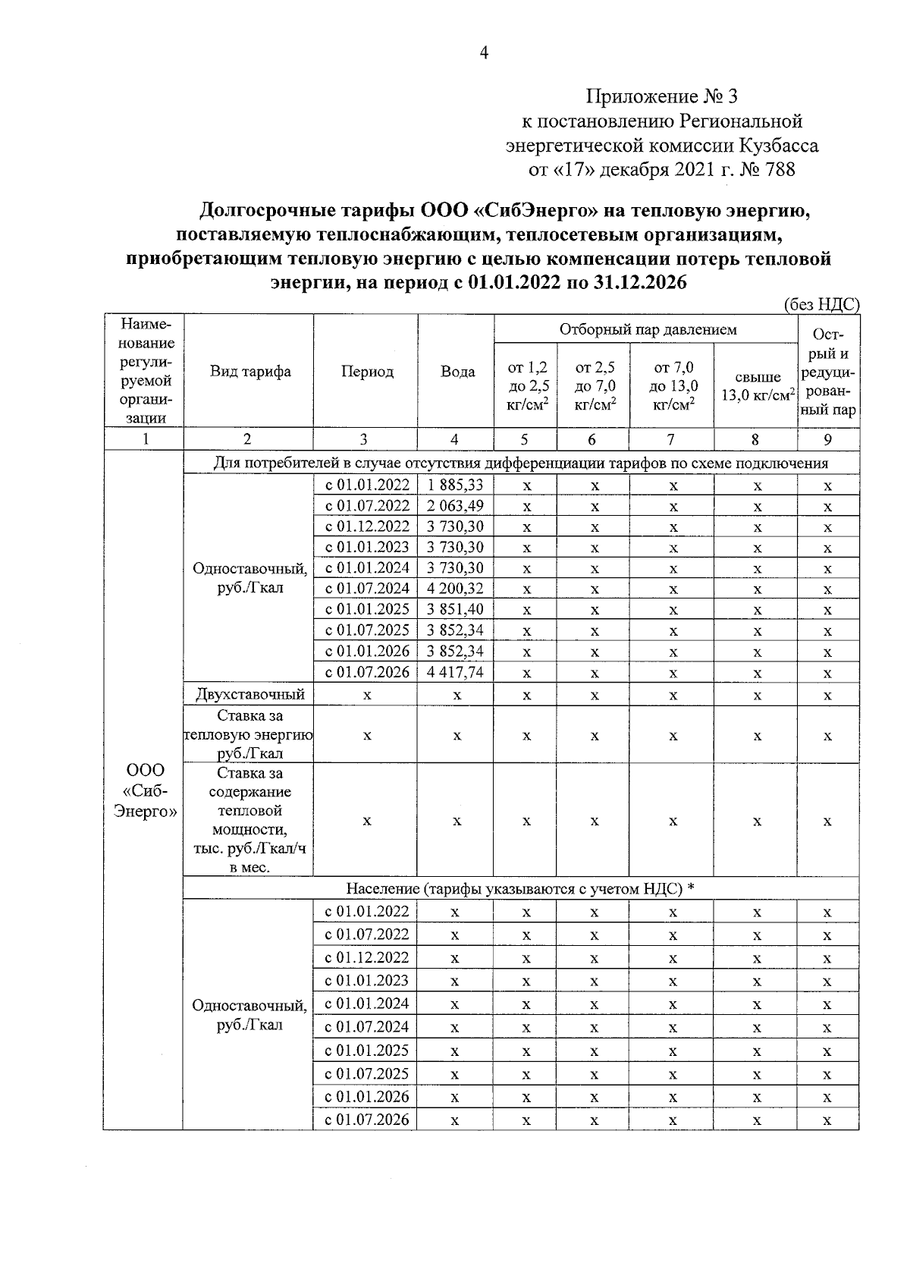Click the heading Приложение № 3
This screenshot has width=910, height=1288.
(x=661, y=97)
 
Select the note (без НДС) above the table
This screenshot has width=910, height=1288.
(x=821, y=305)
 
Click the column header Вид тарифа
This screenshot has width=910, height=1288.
(x=250, y=372)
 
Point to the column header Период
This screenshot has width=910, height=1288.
(x=367, y=372)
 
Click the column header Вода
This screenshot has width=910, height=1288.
(x=457, y=372)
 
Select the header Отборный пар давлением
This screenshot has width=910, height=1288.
(x=648, y=329)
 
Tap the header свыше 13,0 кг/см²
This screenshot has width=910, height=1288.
(x=756, y=386)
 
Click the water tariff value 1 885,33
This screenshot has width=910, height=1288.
(x=455, y=485)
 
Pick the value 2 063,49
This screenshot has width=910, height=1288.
(x=455, y=506)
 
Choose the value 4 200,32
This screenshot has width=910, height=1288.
(x=455, y=589)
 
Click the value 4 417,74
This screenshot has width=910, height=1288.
(x=455, y=672)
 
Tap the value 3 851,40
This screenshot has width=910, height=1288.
(x=455, y=609)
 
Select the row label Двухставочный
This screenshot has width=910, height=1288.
(x=250, y=694)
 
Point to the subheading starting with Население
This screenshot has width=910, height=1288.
(x=520, y=888)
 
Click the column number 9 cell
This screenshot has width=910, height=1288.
(x=828, y=439)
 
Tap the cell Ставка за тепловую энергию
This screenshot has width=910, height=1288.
(x=250, y=734)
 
